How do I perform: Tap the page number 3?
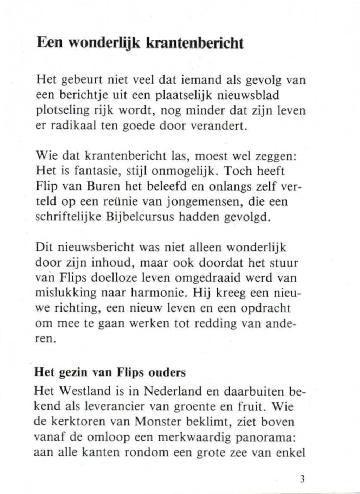click(302, 479)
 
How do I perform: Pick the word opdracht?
click(266, 308)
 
